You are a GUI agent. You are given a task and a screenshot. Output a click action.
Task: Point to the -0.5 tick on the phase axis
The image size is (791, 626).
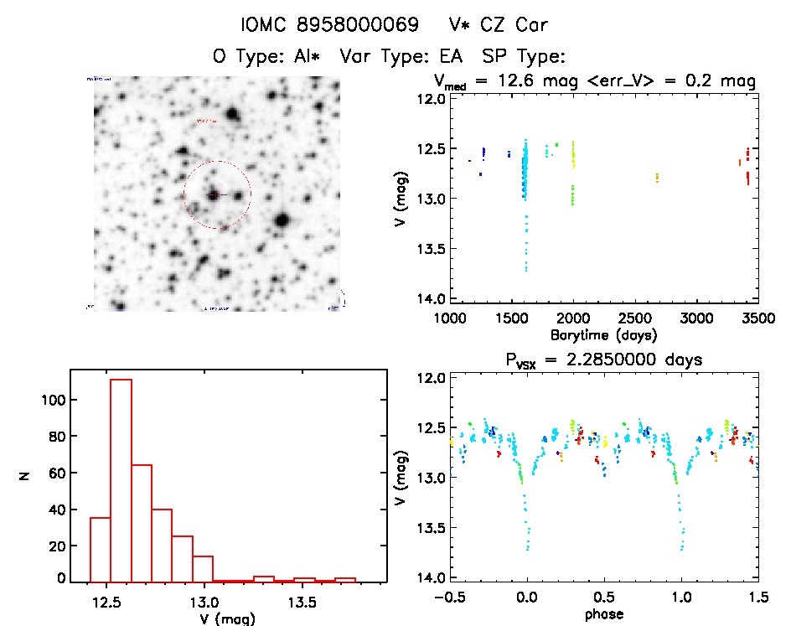[x=450, y=598]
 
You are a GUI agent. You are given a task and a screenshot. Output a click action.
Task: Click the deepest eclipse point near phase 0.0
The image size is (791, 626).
[x=527, y=549]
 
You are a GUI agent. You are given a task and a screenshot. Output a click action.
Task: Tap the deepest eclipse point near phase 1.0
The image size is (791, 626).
[x=680, y=549]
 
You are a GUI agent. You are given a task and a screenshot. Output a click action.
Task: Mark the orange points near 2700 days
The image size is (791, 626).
[x=658, y=178]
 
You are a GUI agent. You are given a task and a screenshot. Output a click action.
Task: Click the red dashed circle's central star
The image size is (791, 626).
[x=215, y=194]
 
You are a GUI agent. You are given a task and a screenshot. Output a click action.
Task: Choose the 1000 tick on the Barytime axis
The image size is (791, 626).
[x=450, y=319]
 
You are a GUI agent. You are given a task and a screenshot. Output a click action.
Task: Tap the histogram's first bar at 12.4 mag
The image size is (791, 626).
[x=100, y=550]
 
